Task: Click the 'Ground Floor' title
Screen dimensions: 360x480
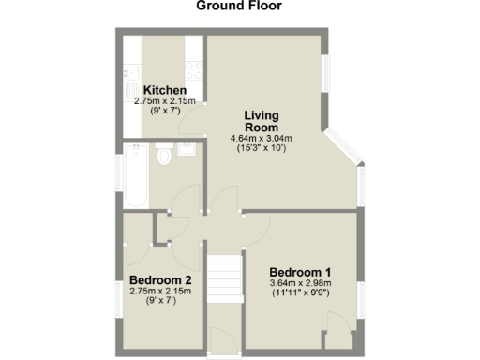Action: coord(239,7)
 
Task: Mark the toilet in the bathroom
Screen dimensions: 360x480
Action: coord(165,155)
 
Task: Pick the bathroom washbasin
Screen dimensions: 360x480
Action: coord(187,149)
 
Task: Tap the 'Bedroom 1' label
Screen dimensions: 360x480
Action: coord(299,272)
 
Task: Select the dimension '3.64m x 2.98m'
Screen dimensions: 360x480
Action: coord(300,283)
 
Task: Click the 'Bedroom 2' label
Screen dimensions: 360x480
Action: coord(160,280)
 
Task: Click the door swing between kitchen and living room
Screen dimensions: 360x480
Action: coord(192,120)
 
